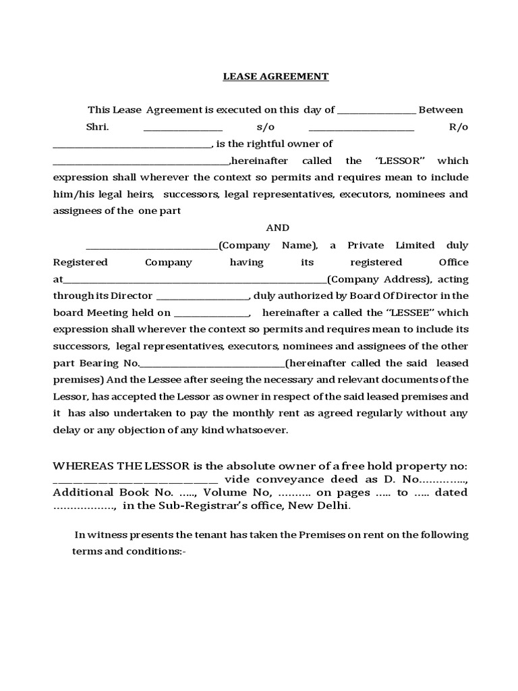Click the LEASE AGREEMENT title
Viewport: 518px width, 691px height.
point(276,77)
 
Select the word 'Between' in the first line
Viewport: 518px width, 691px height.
point(440,110)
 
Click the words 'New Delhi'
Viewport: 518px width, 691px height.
point(326,506)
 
